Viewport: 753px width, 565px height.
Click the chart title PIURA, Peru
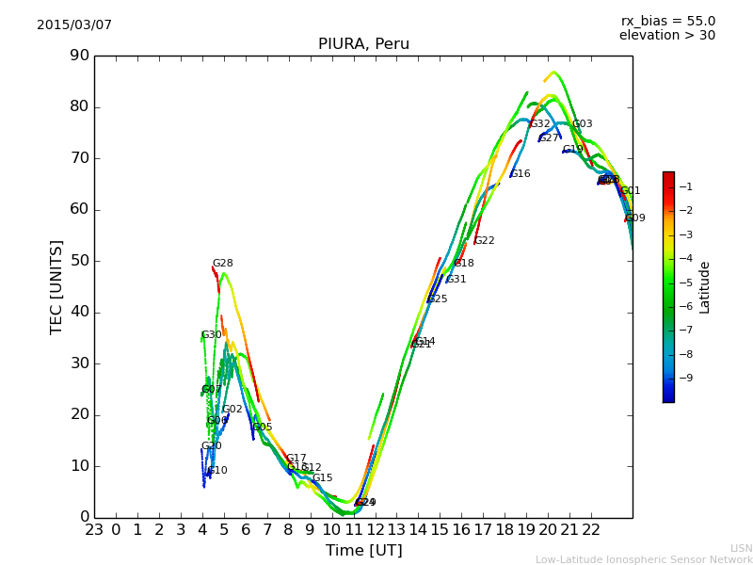pyautogui.click(x=363, y=44)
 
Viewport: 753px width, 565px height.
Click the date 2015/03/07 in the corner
pyautogui.click(x=74, y=25)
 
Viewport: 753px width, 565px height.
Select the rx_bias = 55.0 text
pyautogui.click(x=667, y=21)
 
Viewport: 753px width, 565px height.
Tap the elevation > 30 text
pyautogui.click(x=667, y=36)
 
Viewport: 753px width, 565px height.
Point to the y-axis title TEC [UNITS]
pyautogui.click(x=56, y=286)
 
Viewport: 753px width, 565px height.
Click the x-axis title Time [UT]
pyautogui.click(x=363, y=550)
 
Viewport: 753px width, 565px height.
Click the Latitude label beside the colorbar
pyautogui.click(x=705, y=287)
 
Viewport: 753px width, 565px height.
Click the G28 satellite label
pyautogui.click(x=223, y=264)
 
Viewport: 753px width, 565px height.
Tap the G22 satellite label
pyautogui.click(x=485, y=241)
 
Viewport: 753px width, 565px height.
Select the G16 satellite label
pyautogui.click(x=521, y=174)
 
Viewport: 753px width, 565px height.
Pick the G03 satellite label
pyautogui.click(x=583, y=124)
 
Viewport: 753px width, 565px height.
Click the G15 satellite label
pyautogui.click(x=323, y=478)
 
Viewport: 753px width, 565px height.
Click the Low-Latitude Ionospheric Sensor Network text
pyautogui.click(x=644, y=559)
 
